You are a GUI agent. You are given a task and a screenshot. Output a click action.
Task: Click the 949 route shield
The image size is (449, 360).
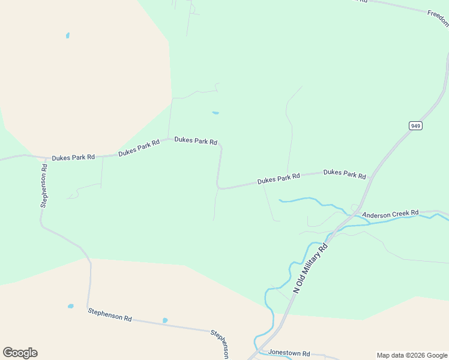tap(416, 125)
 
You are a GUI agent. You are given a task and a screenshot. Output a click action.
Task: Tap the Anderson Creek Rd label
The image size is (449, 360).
tap(390, 214)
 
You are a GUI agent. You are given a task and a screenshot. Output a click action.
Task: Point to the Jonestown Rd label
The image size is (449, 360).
tap(289, 353)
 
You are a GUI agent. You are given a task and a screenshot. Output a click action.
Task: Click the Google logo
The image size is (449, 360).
tap(20, 353)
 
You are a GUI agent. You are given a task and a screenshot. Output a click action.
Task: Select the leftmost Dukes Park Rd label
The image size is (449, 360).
tap(73, 157)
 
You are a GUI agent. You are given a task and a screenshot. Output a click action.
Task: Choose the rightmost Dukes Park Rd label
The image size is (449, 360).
tap(345, 174)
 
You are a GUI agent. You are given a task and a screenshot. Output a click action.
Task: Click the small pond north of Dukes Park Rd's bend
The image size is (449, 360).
tap(215, 112)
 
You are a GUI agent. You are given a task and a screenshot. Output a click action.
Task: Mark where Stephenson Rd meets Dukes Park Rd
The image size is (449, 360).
tap(46, 159)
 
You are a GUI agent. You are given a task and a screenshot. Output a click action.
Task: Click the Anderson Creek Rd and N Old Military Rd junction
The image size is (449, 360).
tap(354, 214)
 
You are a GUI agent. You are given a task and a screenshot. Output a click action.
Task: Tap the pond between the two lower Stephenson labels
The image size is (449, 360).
tap(165, 320)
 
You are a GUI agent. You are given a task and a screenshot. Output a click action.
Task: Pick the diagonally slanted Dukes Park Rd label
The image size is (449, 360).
tap(139, 148)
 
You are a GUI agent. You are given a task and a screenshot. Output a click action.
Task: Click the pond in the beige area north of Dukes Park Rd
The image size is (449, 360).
tap(68, 35)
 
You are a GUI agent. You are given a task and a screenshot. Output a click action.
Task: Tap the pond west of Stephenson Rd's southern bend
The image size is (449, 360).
tap(71, 306)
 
